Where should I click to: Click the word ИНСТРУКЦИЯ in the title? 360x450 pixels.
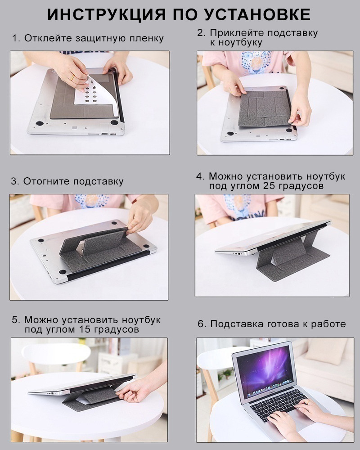(x=107, y=14)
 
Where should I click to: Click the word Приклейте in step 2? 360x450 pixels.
(x=235, y=33)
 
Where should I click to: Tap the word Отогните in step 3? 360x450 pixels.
(x=46, y=181)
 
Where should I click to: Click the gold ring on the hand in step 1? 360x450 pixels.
(x=72, y=77)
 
